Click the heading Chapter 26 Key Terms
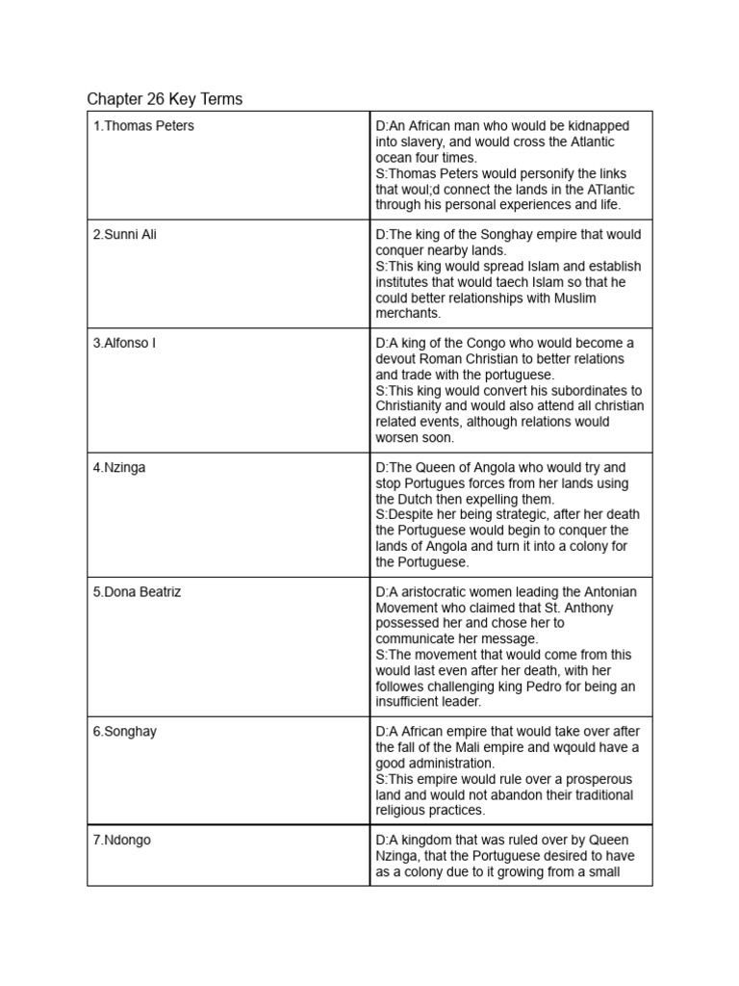pyautogui.click(x=165, y=99)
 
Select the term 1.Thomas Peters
pyautogui.click(x=143, y=126)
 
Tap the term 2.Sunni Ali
pyautogui.click(x=125, y=235)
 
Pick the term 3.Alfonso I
pyautogui.click(x=124, y=343)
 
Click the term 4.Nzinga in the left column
pyautogui.click(x=119, y=468)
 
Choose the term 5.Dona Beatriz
pyautogui.click(x=137, y=592)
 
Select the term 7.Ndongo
pyautogui.click(x=123, y=841)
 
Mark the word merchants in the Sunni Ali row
pyautogui.click(x=408, y=314)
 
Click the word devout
pyautogui.click(x=397, y=359)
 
